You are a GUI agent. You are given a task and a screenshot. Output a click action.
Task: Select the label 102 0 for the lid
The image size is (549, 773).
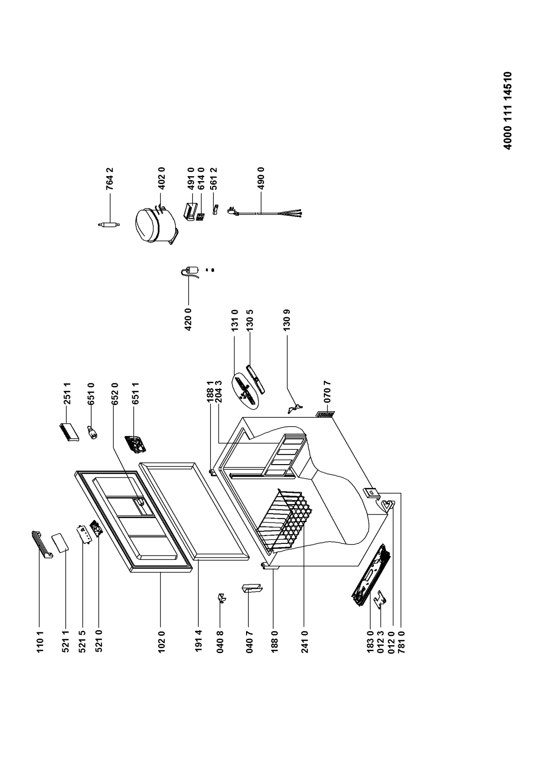coord(161,641)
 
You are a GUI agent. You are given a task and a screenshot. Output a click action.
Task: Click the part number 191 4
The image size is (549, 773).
coord(198,641)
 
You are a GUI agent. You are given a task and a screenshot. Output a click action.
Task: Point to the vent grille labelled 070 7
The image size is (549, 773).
coord(325,414)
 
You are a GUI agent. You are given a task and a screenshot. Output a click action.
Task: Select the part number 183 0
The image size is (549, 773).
coord(370,641)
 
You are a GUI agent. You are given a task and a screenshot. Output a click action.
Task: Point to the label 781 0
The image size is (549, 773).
coord(401,641)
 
